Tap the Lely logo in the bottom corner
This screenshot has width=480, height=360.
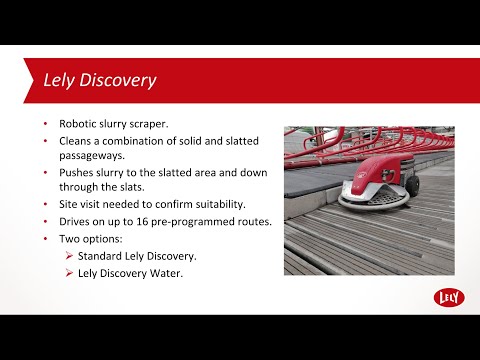(x=448, y=297)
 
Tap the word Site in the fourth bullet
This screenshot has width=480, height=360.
(x=70, y=204)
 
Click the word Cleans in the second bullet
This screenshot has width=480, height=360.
(x=78, y=141)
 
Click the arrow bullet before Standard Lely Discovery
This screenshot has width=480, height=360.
(x=69, y=257)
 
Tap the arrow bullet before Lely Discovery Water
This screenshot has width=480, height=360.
(x=69, y=273)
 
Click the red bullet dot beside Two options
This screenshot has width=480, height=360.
(x=46, y=240)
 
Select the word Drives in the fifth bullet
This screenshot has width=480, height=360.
(x=77, y=221)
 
